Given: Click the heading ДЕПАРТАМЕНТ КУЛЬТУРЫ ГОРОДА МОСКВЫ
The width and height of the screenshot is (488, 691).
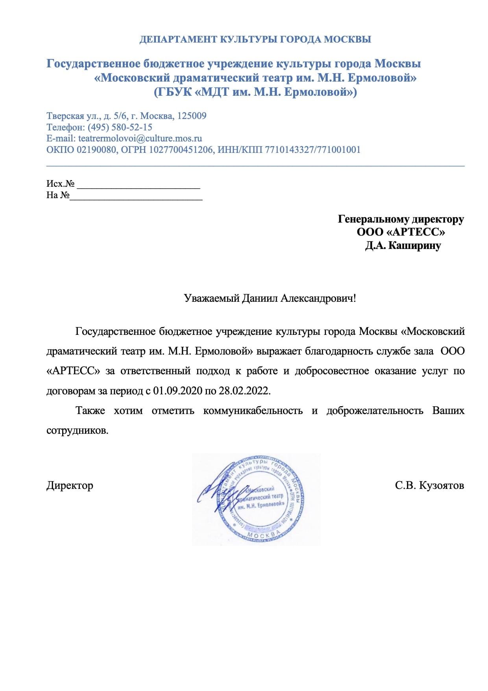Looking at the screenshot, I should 255,39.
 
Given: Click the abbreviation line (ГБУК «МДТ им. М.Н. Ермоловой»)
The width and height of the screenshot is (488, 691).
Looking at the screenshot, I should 255,92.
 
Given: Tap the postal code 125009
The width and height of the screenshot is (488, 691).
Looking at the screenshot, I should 192,116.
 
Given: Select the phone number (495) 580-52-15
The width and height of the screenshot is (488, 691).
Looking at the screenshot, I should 120,127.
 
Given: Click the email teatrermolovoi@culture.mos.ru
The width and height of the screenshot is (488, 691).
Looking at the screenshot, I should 140,138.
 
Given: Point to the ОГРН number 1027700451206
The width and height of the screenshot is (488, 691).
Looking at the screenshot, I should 181,150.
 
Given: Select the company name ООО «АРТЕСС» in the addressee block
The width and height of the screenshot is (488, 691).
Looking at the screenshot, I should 401,232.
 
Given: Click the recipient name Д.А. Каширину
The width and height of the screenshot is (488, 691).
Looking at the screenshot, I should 403,245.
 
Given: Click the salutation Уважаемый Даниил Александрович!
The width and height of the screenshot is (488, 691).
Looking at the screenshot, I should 270,298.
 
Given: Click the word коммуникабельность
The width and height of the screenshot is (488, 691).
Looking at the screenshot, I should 253,411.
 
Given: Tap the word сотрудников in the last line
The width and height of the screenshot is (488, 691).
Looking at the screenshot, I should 77,430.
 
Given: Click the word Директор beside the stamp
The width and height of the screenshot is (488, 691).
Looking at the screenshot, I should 70,485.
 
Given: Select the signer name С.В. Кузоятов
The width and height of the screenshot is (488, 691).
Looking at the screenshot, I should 429,485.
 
